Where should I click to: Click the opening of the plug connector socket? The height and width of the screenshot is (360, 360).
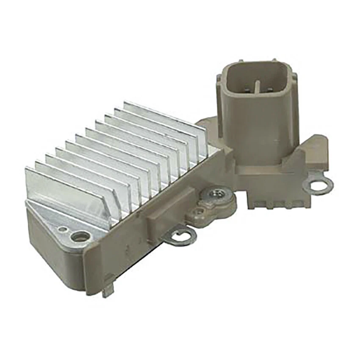[258, 80]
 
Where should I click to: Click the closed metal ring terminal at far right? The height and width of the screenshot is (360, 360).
[320, 185]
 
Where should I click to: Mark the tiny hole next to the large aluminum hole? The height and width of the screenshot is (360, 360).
[63, 229]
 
